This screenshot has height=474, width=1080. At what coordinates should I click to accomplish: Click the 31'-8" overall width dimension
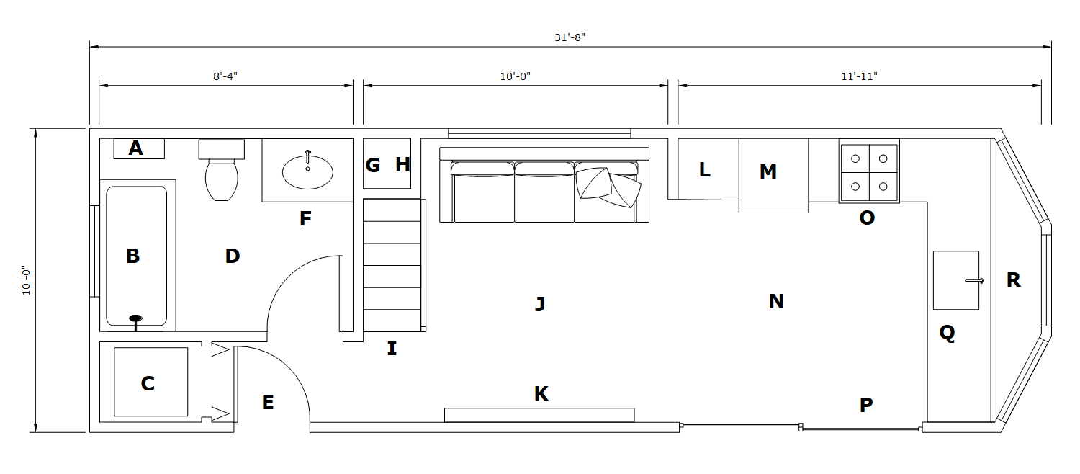click(570, 37)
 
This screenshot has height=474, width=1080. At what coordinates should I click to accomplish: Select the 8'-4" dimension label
click(225, 76)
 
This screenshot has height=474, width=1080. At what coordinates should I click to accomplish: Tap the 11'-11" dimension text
click(860, 76)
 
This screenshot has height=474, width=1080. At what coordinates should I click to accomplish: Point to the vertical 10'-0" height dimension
click(27, 280)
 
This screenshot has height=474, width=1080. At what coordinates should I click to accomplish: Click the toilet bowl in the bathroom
click(222, 180)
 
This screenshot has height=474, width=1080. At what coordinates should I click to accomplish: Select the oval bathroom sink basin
click(307, 171)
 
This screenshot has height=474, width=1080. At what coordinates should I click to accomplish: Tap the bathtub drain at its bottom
click(135, 318)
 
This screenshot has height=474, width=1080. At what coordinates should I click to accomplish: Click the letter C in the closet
click(148, 384)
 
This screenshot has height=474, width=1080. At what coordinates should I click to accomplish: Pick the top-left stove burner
click(855, 158)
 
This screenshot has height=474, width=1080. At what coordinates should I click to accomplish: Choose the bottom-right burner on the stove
click(883, 186)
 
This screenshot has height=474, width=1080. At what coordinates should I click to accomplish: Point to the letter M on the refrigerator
click(768, 172)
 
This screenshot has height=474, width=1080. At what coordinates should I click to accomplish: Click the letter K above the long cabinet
click(541, 394)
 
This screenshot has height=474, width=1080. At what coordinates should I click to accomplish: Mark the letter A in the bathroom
click(135, 148)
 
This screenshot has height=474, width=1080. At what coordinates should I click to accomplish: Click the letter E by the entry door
click(268, 403)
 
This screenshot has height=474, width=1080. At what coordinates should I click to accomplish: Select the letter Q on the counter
click(947, 333)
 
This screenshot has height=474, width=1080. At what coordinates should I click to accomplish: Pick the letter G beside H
click(373, 166)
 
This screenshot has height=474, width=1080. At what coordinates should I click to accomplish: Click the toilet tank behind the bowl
click(222, 149)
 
